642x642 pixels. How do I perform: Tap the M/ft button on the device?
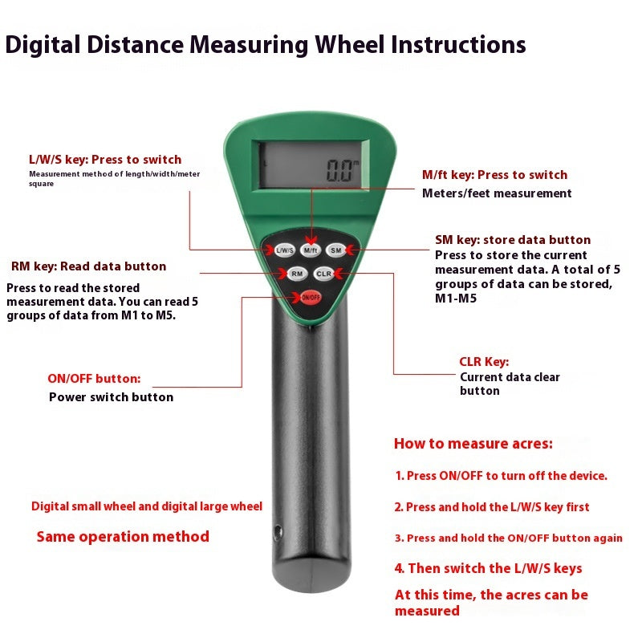pos(311,250)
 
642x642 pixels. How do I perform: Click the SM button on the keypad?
pos(335,250)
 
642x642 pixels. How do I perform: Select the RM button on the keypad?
pos(297,274)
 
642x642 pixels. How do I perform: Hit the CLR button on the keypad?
pos(324,274)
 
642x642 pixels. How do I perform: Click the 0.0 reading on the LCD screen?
pos(339,171)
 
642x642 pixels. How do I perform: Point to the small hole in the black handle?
pos(278,533)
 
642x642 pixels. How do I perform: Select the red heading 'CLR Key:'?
pos(484,362)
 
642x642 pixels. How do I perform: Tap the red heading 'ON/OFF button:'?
pos(94,378)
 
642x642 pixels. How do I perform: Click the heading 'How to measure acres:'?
pos(473,444)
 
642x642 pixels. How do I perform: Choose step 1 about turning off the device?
pos(501,475)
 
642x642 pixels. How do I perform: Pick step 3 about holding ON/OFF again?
pos(509,538)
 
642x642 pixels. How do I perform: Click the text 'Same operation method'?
pos(123,536)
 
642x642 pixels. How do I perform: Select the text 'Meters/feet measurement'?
pos(497,193)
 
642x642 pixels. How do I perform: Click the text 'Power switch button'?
pos(111,396)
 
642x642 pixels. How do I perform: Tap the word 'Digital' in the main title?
pos(43,45)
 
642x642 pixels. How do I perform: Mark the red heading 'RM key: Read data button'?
pos(88,266)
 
